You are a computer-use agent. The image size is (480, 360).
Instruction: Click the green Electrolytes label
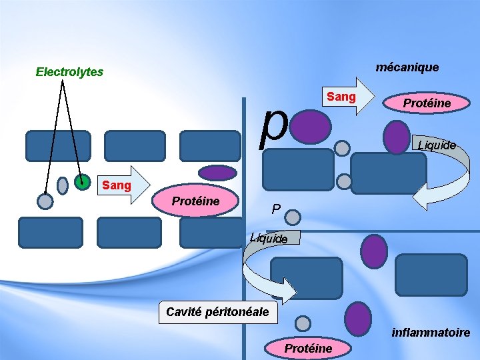coord(69,71)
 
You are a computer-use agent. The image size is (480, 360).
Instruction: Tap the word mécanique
coord(407,67)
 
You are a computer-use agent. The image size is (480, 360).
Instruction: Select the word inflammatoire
coord(431,332)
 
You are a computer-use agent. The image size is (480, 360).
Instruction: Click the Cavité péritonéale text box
coord(217,311)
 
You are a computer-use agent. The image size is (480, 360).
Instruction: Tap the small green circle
coord(82,181)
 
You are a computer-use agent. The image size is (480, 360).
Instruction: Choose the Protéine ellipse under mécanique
coord(427,103)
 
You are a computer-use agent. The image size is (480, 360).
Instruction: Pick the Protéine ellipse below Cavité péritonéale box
coord(308,348)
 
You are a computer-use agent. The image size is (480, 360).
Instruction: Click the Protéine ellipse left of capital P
coord(196,202)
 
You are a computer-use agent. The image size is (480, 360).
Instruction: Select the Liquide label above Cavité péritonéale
coord(269,238)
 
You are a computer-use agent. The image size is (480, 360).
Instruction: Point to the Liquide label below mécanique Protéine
coord(437,145)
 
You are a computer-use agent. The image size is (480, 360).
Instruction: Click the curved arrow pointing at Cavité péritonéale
coord(267,273)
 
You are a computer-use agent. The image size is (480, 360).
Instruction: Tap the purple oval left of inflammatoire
coord(359,319)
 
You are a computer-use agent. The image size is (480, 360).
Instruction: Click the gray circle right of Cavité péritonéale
coord(303,324)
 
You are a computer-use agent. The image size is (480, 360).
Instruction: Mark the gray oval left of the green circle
coord(63,185)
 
